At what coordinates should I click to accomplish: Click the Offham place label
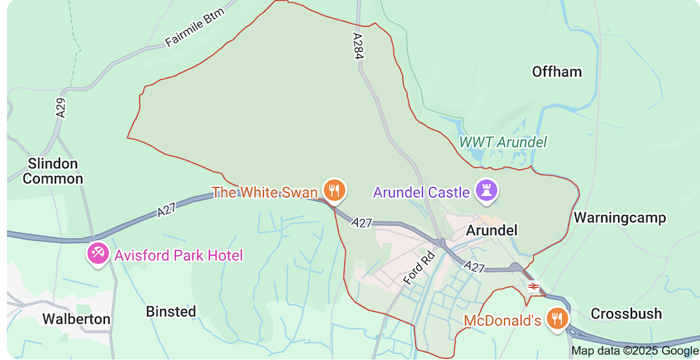point(556,71)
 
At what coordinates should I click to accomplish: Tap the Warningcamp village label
point(619,218)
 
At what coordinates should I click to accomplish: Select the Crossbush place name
point(626,314)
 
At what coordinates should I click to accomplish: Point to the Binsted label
point(171,312)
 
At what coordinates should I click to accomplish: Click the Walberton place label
point(76,319)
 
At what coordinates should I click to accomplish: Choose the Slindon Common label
point(52,171)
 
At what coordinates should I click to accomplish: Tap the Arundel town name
point(491,230)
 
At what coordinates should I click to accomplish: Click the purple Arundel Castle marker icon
point(486,189)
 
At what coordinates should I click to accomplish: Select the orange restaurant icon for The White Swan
point(335,190)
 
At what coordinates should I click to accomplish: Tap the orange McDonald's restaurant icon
point(557,319)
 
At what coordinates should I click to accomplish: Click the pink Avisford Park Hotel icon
point(97,254)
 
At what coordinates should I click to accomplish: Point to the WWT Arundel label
point(503,142)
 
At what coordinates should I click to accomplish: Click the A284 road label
point(358,46)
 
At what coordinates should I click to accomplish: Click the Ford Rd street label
point(419,268)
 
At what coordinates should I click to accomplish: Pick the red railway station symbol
point(533,286)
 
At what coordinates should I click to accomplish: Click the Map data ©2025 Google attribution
point(635,351)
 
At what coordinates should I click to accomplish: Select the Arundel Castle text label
point(421,192)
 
